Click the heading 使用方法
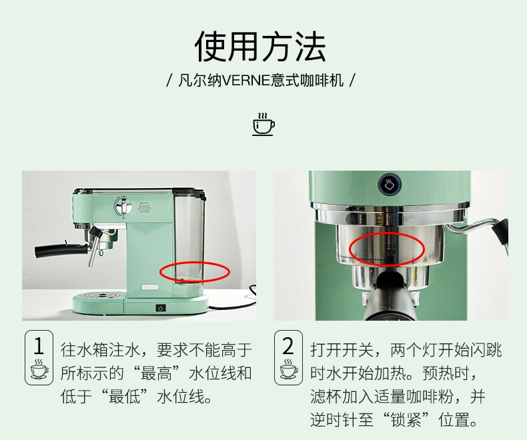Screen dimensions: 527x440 [260, 46]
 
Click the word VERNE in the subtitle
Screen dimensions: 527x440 [246, 81]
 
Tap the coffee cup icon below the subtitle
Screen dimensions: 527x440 [263, 124]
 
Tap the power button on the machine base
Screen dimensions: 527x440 [161, 308]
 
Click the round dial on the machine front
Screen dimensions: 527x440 [123, 207]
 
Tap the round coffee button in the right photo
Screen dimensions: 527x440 [389, 185]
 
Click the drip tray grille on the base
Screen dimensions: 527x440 [99, 295]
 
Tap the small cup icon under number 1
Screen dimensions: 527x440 [39, 369]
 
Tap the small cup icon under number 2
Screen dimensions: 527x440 [288, 369]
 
